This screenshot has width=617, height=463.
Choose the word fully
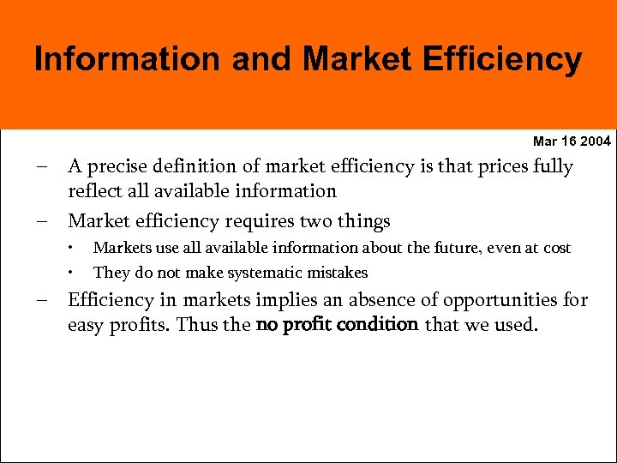pyautogui.click(x=550, y=166)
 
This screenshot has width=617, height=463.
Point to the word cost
pyautogui.click(x=557, y=249)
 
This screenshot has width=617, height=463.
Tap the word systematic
pyautogui.click(x=255, y=273)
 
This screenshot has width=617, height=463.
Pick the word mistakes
pyautogui.click(x=336, y=273)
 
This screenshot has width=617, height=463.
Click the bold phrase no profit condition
pyautogui.click(x=337, y=324)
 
